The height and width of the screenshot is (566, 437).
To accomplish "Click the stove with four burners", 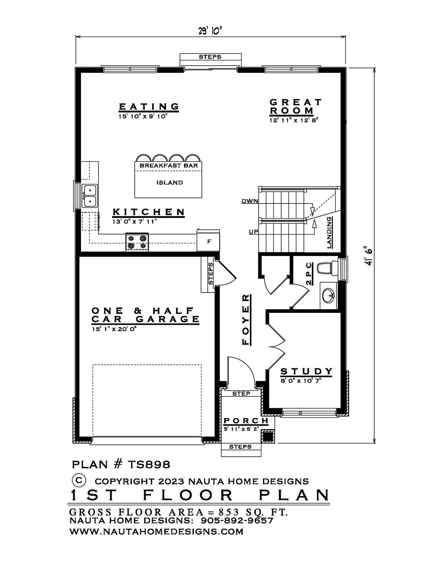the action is pyautogui.click(x=137, y=242).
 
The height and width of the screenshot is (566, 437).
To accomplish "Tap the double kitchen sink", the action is pyautogui.click(x=89, y=196).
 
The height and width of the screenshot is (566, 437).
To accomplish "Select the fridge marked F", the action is pyautogui.click(x=208, y=240).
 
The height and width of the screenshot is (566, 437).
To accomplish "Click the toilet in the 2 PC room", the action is pyautogui.click(x=327, y=268).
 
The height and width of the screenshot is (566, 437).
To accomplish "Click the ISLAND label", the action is pyautogui.click(x=170, y=182).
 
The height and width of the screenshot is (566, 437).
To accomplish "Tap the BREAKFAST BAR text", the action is pyautogui.click(x=169, y=165).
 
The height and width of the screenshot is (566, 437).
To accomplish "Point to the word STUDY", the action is pyautogui.click(x=306, y=371).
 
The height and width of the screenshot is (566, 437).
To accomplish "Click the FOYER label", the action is pyautogui.click(x=246, y=320).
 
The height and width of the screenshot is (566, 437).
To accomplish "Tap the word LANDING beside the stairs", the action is pyautogui.click(x=329, y=233).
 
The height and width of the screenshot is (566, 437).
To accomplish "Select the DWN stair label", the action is pyautogui.click(x=249, y=201).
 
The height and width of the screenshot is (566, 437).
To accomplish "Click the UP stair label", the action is pyautogui.click(x=253, y=231).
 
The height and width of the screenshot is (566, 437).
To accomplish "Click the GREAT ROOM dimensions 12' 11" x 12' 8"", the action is pyautogui.click(x=294, y=120).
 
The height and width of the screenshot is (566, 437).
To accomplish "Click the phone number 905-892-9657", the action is pyautogui.click(x=237, y=520).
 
